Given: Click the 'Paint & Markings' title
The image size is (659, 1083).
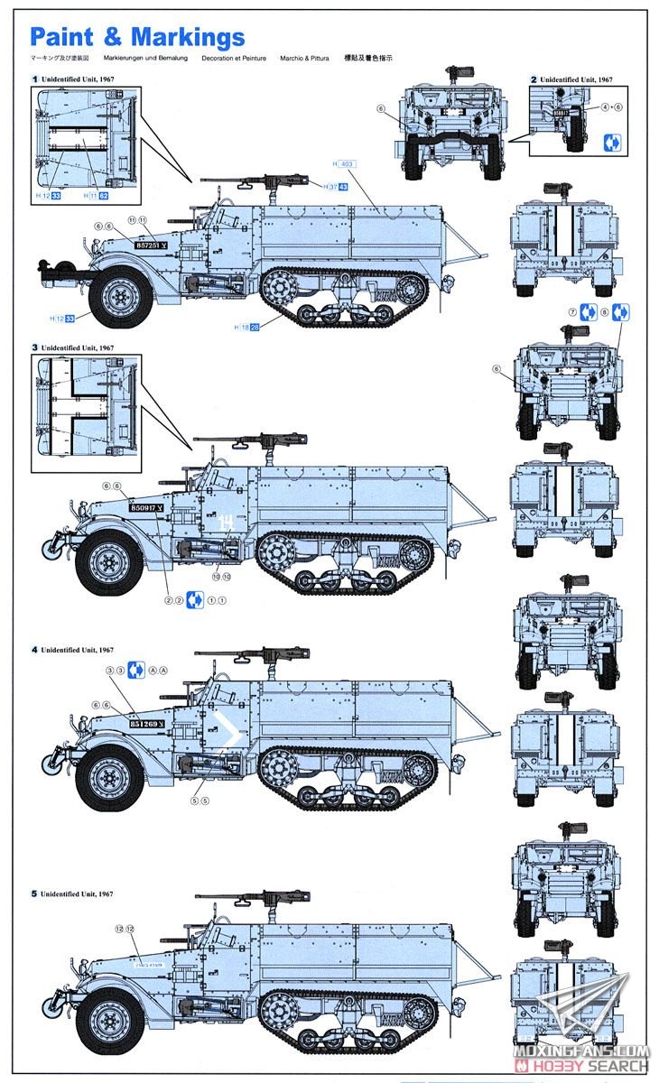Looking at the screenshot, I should [x=137, y=37].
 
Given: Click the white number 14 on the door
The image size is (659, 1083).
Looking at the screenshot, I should [x=226, y=521].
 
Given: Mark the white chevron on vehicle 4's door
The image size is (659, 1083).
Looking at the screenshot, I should [x=232, y=736].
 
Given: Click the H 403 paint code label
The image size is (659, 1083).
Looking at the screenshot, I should [x=344, y=164].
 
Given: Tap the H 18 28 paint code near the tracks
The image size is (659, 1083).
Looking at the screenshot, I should [x=246, y=327].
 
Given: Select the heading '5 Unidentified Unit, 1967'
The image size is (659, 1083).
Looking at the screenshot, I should [x=72, y=893].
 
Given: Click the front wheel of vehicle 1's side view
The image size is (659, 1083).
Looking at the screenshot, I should [x=121, y=293].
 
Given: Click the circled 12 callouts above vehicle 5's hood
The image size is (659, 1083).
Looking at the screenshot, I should [x=125, y=929].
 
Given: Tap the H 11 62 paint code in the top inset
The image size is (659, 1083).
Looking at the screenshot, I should [x=97, y=196].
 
